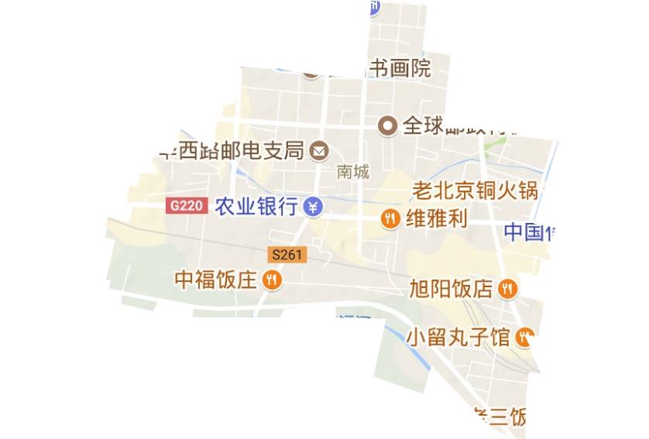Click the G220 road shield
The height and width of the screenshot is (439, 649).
coord(187,206)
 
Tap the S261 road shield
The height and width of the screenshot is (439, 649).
coord(287,254)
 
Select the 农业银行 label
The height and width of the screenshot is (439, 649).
coord(256,207)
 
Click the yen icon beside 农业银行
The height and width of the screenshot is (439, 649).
coord(312,207)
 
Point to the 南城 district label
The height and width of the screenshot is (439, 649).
coord(353,172)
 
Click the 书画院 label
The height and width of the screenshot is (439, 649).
coord(399,69)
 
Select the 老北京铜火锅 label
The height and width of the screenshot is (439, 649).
coord(474,190)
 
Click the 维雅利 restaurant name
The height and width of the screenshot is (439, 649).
coord(436,219)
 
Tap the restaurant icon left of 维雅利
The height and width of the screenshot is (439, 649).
coord(391,219)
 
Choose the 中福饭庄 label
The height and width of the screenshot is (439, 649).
coord(215,280)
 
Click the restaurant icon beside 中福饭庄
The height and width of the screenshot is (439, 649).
coord(271,280)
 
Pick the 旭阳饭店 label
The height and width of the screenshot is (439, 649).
coord(451,290)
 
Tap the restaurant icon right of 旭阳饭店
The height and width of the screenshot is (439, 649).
coord(507,290)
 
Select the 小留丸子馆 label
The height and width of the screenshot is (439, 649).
coord(458,338)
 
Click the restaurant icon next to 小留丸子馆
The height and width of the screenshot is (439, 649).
coord(526,337)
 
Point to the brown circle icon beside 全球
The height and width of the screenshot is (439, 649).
coord(387,125)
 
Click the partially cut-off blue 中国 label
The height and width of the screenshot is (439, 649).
coord(530,232)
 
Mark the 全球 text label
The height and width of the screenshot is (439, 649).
coord(423,125)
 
